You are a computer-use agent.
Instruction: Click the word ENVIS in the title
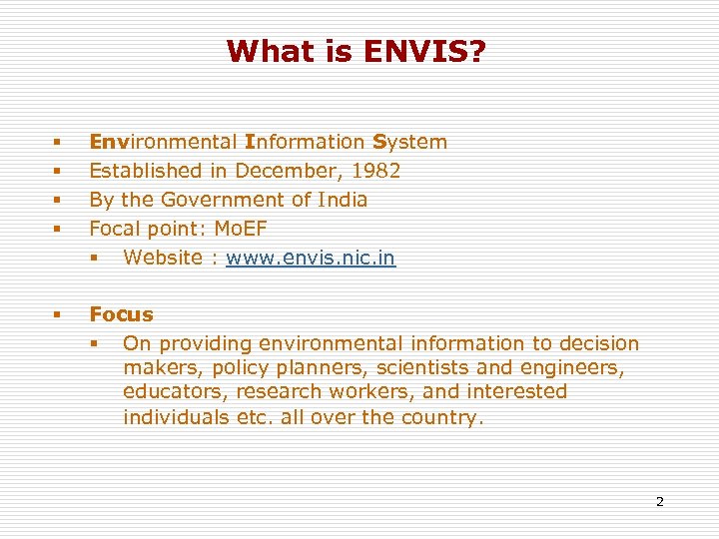407,51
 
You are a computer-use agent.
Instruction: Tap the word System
409,142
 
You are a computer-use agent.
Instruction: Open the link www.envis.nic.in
311,258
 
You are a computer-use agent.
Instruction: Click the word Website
163,258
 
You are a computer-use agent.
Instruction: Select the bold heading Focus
121,314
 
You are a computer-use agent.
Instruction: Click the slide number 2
659,501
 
